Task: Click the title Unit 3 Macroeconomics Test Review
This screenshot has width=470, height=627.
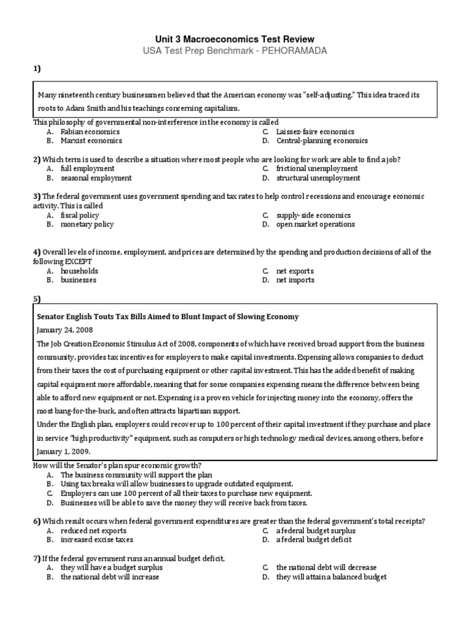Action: click(x=235, y=39)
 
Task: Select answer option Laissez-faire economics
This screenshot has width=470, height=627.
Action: click(x=315, y=132)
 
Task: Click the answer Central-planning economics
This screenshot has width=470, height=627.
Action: click(x=322, y=141)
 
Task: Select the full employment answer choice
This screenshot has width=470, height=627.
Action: click(x=88, y=168)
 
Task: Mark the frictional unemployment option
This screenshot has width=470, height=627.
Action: click(x=317, y=168)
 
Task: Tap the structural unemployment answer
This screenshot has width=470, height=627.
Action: click(x=318, y=178)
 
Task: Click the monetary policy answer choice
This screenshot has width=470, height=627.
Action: click(x=87, y=224)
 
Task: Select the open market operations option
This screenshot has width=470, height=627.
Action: click(x=315, y=224)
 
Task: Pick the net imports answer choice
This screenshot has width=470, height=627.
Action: click(x=295, y=280)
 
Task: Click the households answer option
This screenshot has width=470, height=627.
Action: click(x=79, y=271)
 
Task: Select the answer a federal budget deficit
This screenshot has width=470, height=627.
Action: click(x=314, y=540)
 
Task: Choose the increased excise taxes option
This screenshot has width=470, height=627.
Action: click(x=97, y=540)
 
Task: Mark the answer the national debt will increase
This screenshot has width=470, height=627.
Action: click(x=110, y=577)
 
